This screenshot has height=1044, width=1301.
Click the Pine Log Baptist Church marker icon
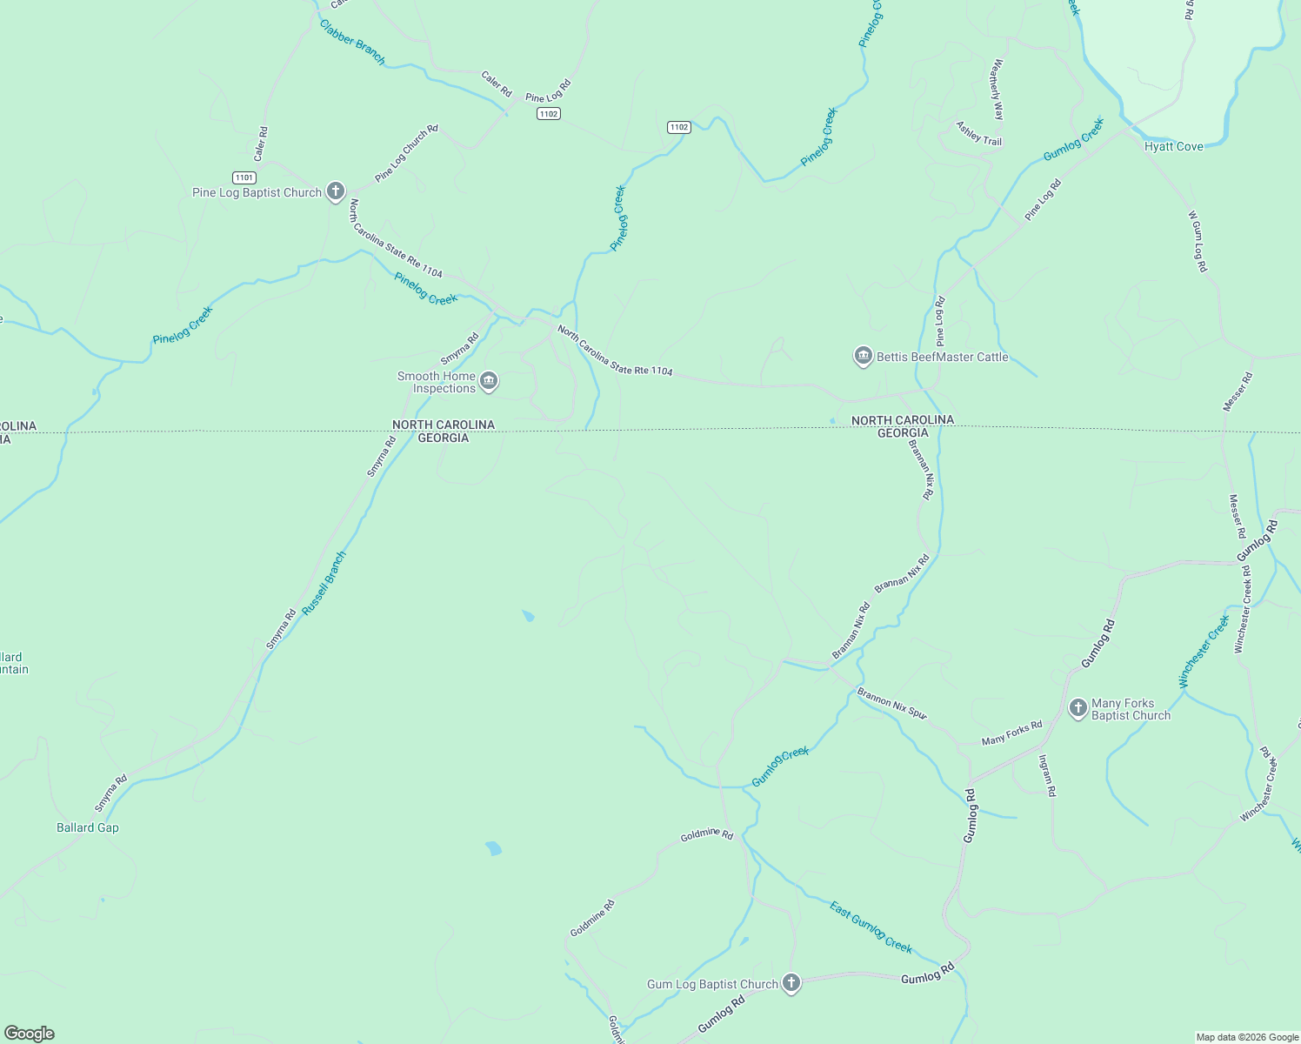(336, 192)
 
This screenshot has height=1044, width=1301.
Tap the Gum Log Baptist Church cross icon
(791, 983)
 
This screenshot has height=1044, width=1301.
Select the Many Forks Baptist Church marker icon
(1078, 708)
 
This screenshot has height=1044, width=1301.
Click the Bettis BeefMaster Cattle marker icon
(864, 357)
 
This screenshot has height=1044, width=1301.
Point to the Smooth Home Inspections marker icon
(489, 381)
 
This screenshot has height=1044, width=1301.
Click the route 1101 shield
(244, 177)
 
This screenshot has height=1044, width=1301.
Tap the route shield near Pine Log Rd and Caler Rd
(548, 114)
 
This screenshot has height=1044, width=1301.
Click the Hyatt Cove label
(1173, 146)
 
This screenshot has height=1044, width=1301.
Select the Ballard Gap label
(88, 827)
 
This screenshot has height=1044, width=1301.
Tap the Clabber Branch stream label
(352, 42)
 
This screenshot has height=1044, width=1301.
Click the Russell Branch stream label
(324, 584)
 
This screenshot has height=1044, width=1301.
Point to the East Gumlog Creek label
(871, 927)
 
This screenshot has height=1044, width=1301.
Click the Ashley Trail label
(979, 133)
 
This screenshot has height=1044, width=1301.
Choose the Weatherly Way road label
(997, 90)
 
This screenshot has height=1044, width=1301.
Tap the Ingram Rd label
(1046, 775)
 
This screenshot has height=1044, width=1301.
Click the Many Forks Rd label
(1011, 733)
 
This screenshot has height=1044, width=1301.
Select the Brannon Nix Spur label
(892, 704)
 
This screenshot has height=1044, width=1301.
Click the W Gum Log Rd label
(1198, 241)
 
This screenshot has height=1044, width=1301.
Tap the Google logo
(30, 1034)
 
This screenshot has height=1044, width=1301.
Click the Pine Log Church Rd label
(406, 153)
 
